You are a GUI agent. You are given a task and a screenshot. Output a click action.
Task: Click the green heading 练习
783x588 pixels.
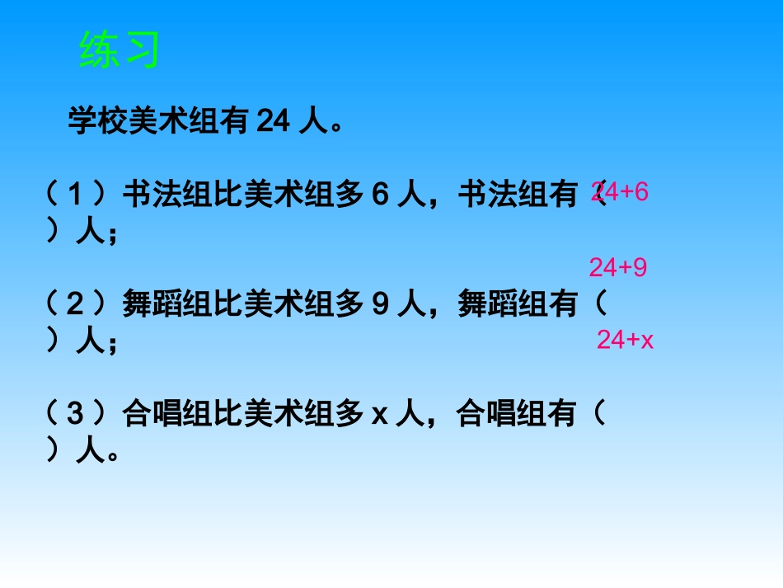point(119,50)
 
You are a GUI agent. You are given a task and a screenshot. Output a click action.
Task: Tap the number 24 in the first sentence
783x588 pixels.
point(270,123)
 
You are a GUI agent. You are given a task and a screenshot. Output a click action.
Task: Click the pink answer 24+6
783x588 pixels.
point(620,192)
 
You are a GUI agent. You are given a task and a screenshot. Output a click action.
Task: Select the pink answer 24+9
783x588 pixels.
point(617,267)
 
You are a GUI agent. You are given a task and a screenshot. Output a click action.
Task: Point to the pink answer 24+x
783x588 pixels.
point(625,340)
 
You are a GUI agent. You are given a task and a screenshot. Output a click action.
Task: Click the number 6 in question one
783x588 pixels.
point(379,196)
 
